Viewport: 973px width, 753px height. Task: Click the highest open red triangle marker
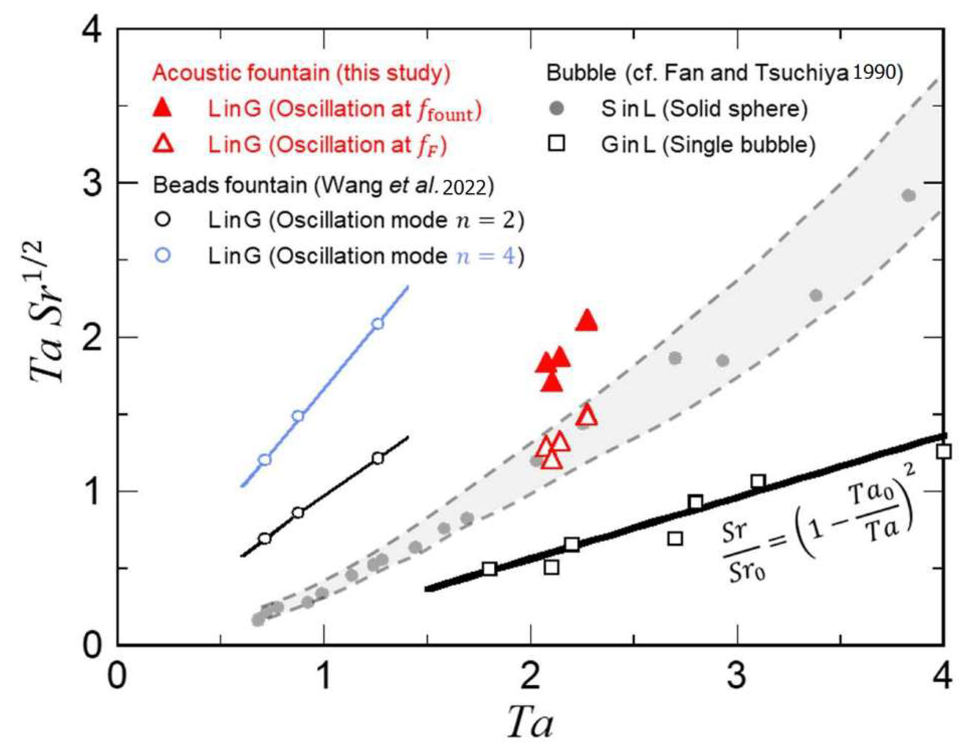click(587, 416)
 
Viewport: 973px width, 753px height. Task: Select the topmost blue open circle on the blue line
click(378, 324)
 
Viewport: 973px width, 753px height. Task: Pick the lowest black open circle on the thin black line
click(265, 538)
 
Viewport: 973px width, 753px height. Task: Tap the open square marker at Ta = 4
click(943, 451)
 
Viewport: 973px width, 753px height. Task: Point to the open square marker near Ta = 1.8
click(489, 569)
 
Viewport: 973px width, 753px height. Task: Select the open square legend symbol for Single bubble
click(557, 144)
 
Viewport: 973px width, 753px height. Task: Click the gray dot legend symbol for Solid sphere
click(557, 108)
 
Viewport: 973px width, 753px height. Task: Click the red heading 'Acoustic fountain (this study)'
click(301, 73)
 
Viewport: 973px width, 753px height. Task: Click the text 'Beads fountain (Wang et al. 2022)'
click(324, 185)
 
